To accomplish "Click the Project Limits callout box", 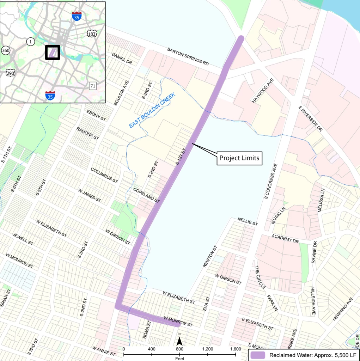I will (239, 158).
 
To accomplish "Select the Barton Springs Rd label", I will (188, 56).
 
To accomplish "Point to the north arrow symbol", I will (179, 341).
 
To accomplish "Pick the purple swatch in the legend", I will (257, 355).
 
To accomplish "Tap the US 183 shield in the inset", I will (91, 33).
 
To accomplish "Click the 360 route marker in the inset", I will (6, 50).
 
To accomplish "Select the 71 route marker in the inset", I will (93, 86).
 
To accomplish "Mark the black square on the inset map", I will (53, 53).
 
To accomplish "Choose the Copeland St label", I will (147, 195).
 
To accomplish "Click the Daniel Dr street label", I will (122, 59).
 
